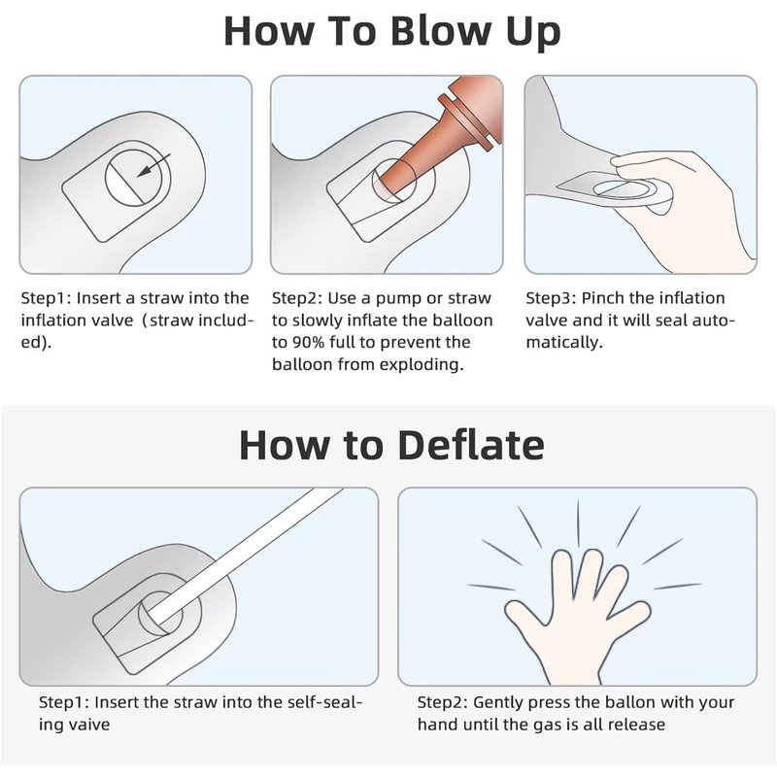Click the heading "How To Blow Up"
[391, 32]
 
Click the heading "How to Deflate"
[391, 445]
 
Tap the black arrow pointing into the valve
[153, 165]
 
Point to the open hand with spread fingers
[577, 615]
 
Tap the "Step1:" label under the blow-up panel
[46, 298]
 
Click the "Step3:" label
[551, 298]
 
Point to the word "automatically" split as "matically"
[564, 343]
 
